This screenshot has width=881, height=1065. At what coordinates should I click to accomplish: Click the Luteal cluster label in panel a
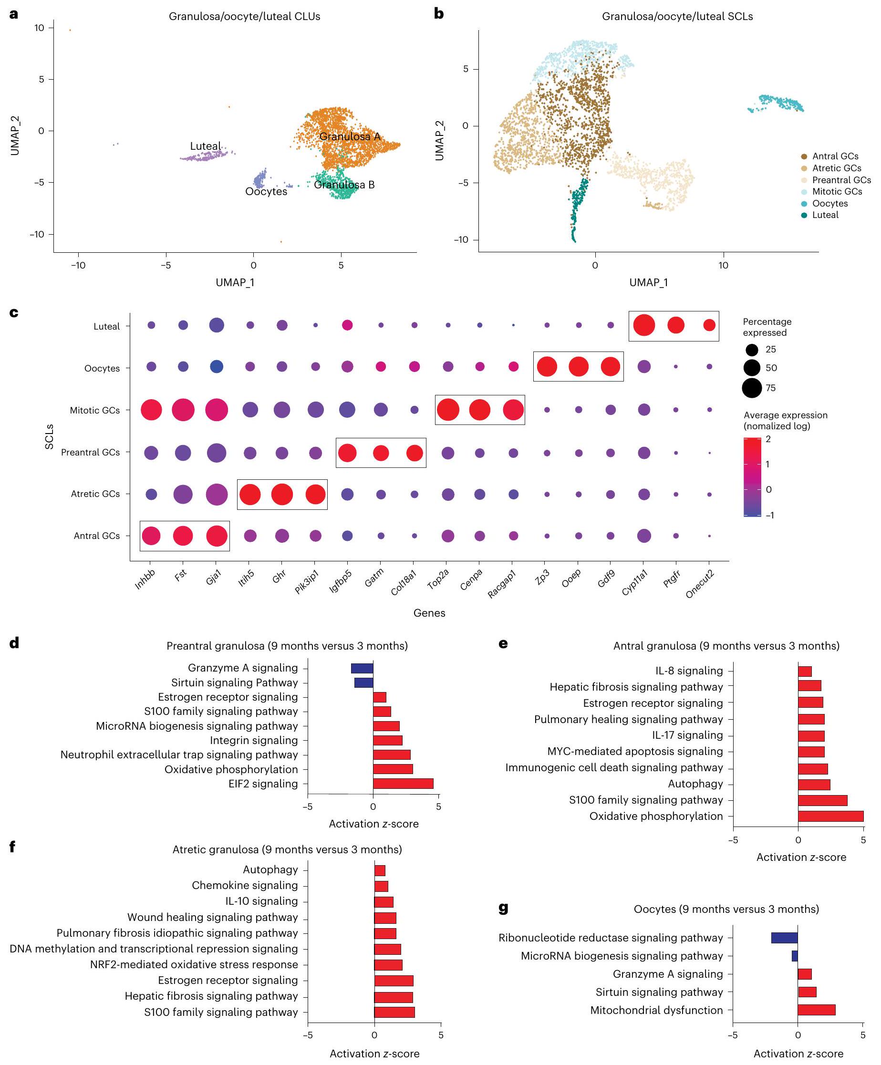point(205,146)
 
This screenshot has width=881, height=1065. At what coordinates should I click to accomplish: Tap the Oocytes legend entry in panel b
point(829,203)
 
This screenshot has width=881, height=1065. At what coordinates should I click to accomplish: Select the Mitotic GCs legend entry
point(836,192)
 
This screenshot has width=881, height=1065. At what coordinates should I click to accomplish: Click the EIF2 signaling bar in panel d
point(403,784)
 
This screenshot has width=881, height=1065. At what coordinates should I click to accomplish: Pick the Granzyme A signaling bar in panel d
point(362,668)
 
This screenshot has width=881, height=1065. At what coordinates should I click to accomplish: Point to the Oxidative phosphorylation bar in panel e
point(830,816)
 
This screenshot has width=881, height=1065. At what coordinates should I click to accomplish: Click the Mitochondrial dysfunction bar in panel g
point(816,1010)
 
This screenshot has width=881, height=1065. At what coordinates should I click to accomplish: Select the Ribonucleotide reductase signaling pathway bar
point(784,938)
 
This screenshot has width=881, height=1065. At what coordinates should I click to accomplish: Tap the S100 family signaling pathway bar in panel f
point(394,1012)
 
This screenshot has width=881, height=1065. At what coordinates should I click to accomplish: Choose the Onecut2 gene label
point(700,584)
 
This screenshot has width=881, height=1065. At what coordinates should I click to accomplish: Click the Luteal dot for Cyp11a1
point(643,325)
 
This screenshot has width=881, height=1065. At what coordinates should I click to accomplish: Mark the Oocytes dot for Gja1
point(217,367)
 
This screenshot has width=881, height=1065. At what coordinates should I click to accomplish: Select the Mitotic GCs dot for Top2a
point(448,410)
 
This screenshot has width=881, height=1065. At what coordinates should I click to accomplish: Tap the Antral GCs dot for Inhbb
point(151,536)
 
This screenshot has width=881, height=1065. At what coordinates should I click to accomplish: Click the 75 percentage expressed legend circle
point(752,388)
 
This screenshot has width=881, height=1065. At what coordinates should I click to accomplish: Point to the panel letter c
point(14,312)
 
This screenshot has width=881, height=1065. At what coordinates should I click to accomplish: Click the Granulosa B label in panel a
point(344,185)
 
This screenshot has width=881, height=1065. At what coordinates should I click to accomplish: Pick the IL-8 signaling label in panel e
point(688,671)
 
